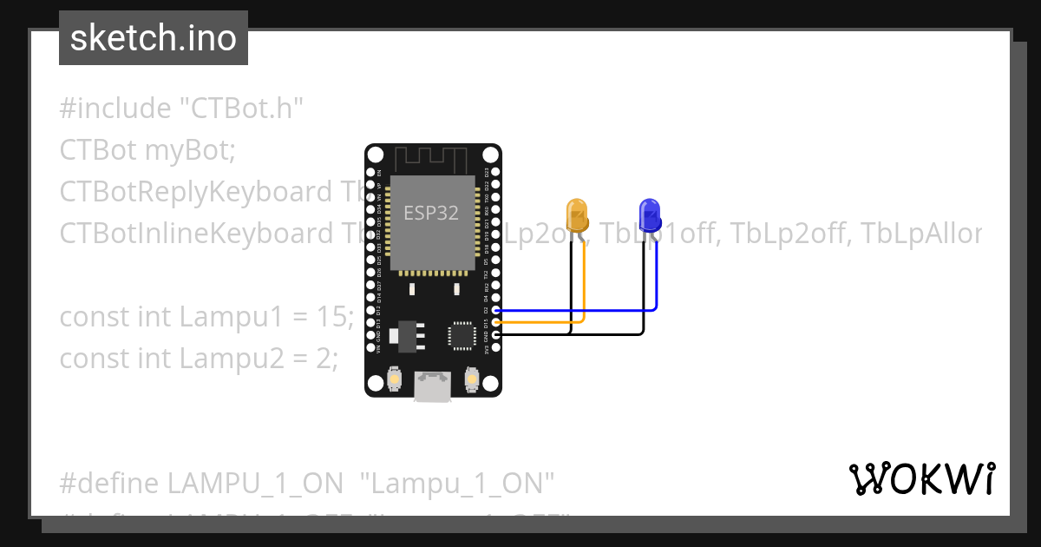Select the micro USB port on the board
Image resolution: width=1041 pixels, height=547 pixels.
coord(432,386)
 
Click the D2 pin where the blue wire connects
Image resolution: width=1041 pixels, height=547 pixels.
coord(495,310)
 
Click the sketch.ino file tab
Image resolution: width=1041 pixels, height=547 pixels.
coord(154,38)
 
